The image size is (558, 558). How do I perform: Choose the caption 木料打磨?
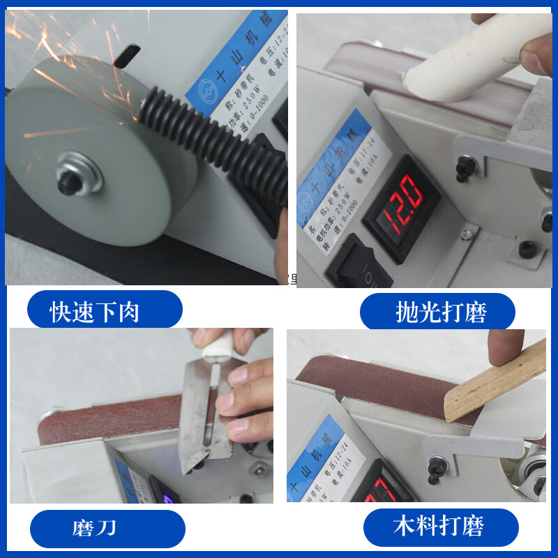tap(439, 526)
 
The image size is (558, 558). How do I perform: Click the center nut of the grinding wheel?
tap(69, 183)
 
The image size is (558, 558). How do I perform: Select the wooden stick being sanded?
tap(495, 380)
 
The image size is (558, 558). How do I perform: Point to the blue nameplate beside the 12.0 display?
tap(333, 174)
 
